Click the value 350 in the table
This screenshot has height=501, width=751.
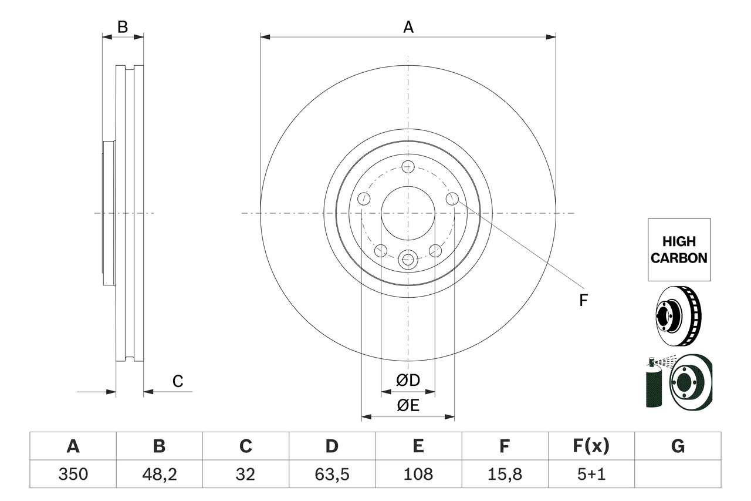click(x=73, y=474)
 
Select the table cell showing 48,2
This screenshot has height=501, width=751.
click(x=159, y=474)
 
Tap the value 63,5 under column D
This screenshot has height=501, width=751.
click(x=332, y=474)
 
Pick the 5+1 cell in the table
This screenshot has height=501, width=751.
click(x=591, y=474)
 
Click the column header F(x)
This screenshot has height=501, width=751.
click(x=591, y=446)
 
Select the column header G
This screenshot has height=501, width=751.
click(x=678, y=446)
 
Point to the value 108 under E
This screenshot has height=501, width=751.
click(x=418, y=474)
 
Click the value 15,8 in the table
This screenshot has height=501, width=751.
click(x=505, y=474)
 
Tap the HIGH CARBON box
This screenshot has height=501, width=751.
click(x=679, y=250)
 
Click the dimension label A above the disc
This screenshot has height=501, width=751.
click(x=408, y=27)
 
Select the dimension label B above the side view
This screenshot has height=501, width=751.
click(x=122, y=27)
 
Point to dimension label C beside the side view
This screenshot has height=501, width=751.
click(x=178, y=381)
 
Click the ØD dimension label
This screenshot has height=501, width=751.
click(x=408, y=381)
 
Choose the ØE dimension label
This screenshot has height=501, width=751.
click(x=408, y=405)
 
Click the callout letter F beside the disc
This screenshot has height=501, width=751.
click(x=583, y=301)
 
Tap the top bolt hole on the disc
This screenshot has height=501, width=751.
click(x=408, y=166)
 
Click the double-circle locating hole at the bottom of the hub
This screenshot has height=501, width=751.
click(x=408, y=258)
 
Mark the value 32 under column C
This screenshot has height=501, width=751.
click(x=245, y=474)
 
